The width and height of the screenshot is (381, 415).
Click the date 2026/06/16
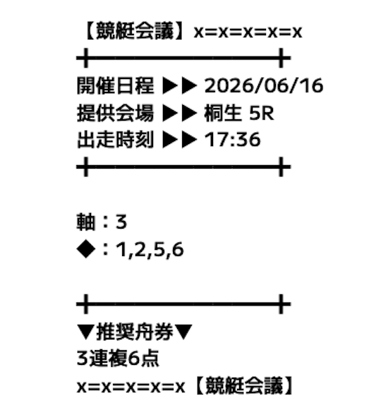pyautogui.click(x=264, y=86)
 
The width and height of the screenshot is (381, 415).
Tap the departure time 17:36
pyautogui.click(x=232, y=140)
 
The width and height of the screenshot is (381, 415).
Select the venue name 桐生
pyautogui.click(x=223, y=113)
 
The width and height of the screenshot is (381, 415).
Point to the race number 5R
pyautogui.click(x=261, y=113)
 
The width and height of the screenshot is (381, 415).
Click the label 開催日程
pyautogui.click(x=115, y=86)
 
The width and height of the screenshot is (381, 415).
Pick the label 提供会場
pyautogui.click(x=115, y=113)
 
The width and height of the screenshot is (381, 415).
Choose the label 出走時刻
pyautogui.click(x=115, y=140)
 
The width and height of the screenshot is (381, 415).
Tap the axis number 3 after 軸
pyautogui.click(x=121, y=222)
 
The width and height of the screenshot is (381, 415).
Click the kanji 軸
pyautogui.click(x=86, y=222)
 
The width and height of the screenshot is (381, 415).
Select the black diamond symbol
pyautogui.click(x=86, y=249)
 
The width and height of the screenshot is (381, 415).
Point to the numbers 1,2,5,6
pyautogui.click(x=150, y=250)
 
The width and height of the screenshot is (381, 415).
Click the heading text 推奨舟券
pyautogui.click(x=134, y=332)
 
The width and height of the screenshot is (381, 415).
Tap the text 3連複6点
pyautogui.click(x=118, y=359)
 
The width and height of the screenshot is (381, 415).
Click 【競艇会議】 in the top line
pyautogui.click(x=135, y=31)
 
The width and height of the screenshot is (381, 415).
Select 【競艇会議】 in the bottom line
pyautogui.click(x=243, y=386)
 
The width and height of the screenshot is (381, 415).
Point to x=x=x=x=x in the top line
pyautogui.click(x=248, y=32)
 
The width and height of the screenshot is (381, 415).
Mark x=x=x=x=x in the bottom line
pyautogui.click(x=131, y=387)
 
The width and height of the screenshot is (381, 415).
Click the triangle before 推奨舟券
pyautogui.click(x=86, y=332)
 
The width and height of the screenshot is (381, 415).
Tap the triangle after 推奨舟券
pyautogui.click(x=183, y=332)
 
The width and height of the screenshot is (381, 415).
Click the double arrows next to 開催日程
pyautogui.click(x=180, y=86)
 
